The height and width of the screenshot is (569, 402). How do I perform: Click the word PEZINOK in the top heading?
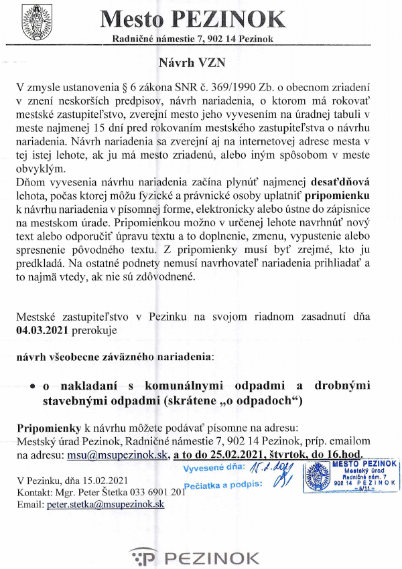pos(226,19)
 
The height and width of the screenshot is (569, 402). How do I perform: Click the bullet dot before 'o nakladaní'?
pos(32,388)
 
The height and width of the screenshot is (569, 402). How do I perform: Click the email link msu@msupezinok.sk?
pos(112,454)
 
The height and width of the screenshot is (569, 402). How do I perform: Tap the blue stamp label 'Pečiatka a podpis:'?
pos(226,483)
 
